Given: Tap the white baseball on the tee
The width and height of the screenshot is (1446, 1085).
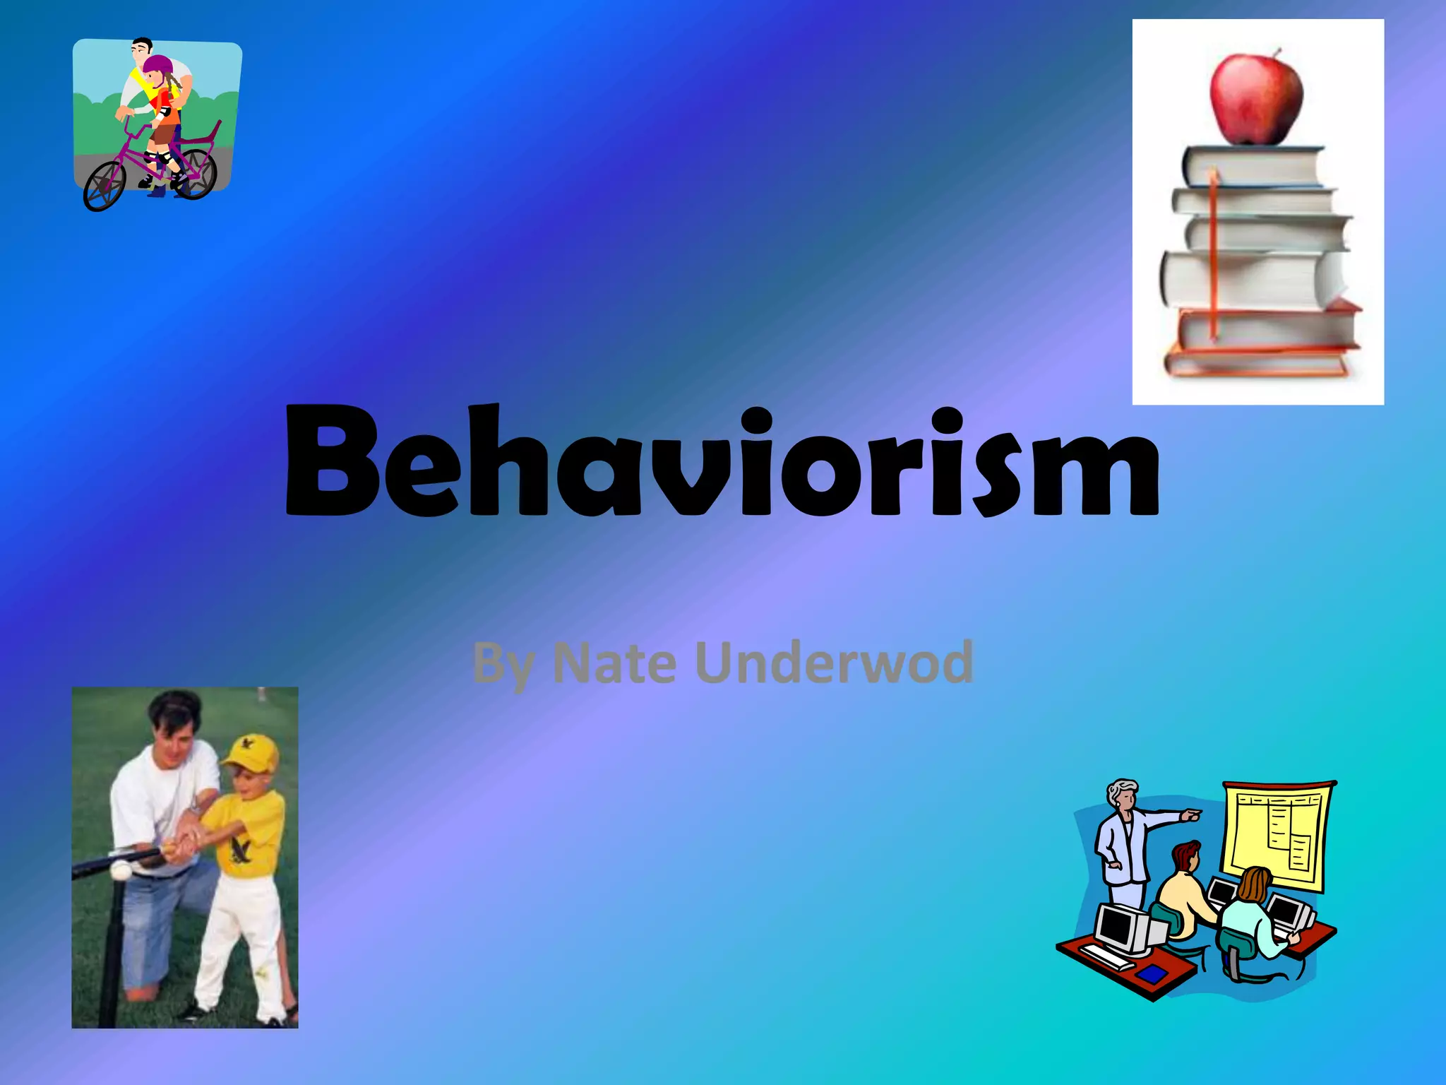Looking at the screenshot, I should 121,870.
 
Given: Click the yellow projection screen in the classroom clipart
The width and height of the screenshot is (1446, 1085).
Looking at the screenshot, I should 1277,834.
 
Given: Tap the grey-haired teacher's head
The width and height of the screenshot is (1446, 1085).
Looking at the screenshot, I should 1122,796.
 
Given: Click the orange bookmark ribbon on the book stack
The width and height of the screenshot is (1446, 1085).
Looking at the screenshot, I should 1214,254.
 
